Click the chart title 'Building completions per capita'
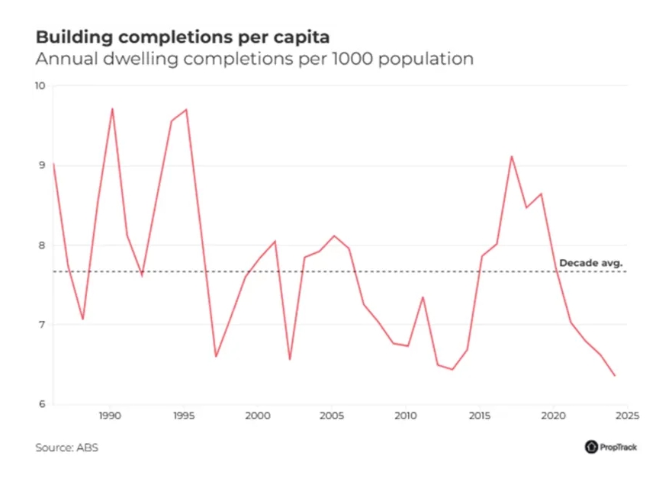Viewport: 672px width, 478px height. (183, 37)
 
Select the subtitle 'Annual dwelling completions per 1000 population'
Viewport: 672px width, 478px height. (254, 59)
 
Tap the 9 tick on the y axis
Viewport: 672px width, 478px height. (42, 165)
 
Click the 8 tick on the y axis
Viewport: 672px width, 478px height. (42, 245)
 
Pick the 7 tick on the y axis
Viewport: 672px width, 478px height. (42, 325)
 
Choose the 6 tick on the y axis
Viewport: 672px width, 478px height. (42, 404)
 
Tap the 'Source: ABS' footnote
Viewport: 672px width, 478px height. (66, 448)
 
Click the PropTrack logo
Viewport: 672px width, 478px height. (610, 448)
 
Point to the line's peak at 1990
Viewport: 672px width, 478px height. (112, 108)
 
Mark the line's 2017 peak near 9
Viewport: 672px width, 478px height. (511, 156)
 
